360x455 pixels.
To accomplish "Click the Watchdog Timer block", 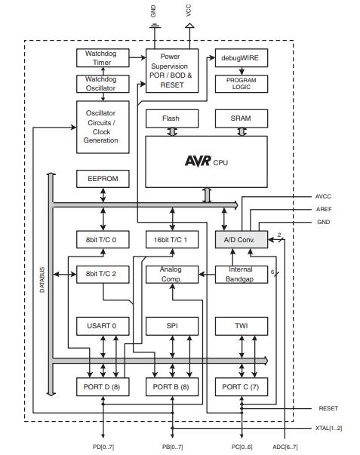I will tap(101, 58).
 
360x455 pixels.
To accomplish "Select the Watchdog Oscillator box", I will tap(101, 84).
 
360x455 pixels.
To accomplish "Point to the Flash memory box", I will tap(171, 119).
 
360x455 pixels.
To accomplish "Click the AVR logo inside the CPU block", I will tap(198, 161).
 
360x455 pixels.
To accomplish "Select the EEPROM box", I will tap(101, 180).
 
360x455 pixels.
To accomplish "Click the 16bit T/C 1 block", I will tap(171, 239).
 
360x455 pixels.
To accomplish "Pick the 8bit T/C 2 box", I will tap(101, 274).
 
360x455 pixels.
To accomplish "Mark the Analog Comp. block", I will tap(171, 274).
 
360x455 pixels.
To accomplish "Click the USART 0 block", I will tap(101, 326).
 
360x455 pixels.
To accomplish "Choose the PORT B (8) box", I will tap(171, 388).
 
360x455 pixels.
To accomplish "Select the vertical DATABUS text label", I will tap(43, 279).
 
